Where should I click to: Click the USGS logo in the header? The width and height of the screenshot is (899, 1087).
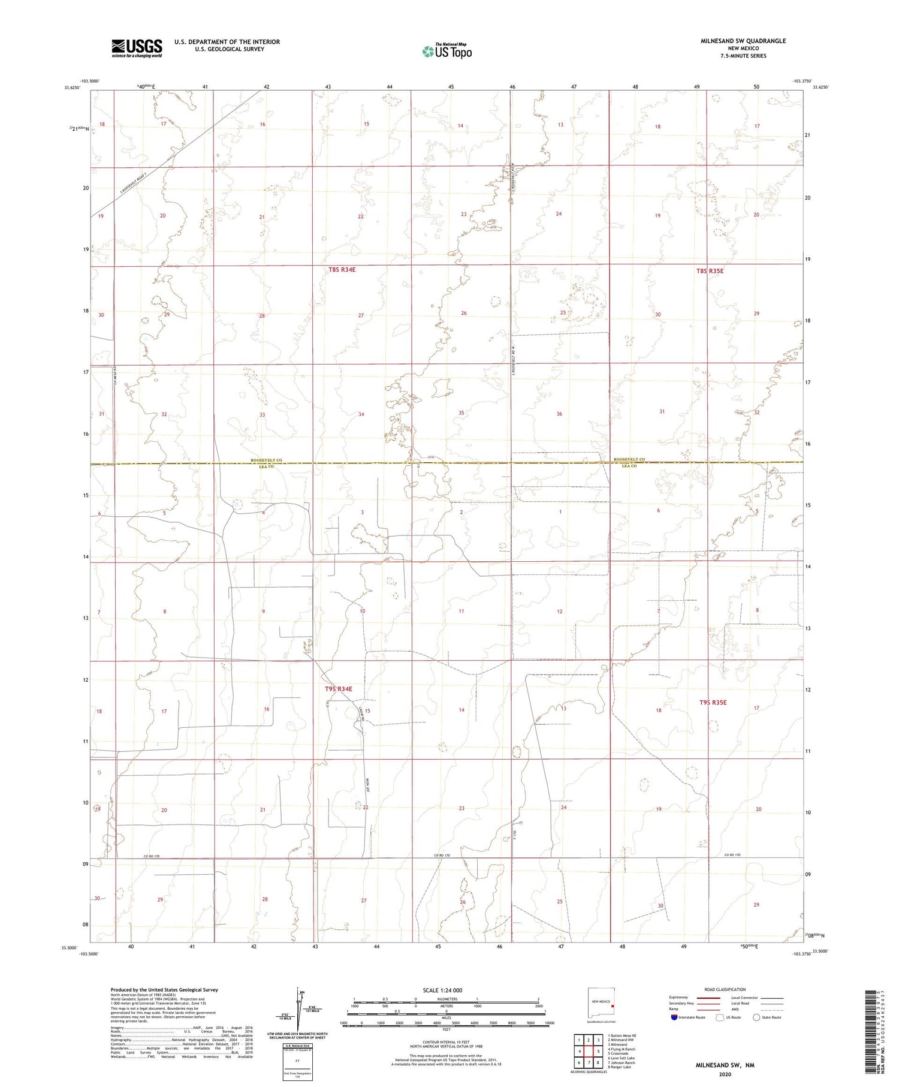(x=137, y=48)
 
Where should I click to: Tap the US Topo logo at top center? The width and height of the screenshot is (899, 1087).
(x=447, y=52)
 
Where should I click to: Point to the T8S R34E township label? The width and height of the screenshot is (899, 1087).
(x=342, y=270)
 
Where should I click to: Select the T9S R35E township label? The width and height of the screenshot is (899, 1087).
(x=711, y=701)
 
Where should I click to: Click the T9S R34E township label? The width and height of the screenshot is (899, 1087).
(x=339, y=689)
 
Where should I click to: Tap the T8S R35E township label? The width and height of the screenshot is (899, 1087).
(x=710, y=271)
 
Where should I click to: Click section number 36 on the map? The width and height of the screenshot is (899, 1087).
(x=559, y=414)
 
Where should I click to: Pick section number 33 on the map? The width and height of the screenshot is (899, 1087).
(x=262, y=415)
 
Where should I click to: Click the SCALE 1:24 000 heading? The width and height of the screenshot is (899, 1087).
(x=442, y=990)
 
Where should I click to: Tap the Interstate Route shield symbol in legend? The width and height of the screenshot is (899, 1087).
(x=674, y=1017)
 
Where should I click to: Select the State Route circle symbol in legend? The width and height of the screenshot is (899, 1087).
(x=756, y=1017)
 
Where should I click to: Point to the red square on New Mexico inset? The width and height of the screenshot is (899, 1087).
(x=613, y=1006)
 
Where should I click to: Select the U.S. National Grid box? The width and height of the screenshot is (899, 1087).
(x=298, y=1062)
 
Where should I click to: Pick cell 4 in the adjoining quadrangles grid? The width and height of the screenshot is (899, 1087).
(x=578, y=1051)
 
